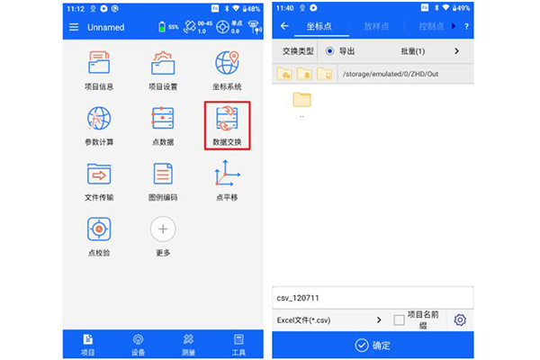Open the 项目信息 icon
click(99, 65)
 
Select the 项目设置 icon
click(163, 65)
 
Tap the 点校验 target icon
click(99, 229)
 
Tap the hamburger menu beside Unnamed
click(74, 27)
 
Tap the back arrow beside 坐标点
click(285, 26)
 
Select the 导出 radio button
click(329, 51)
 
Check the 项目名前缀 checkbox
click(400, 319)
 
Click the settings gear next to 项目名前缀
click(461, 319)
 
